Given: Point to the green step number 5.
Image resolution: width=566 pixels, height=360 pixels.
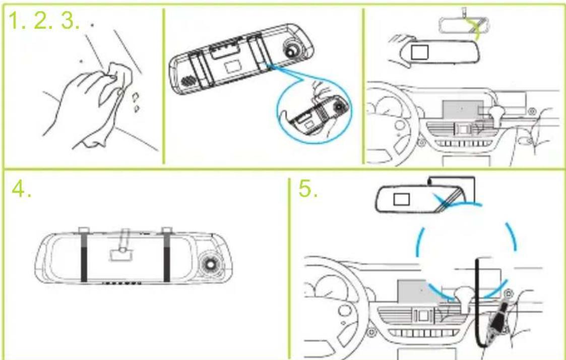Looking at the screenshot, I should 307,189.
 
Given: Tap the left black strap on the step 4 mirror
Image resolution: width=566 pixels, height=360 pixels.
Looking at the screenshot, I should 84,256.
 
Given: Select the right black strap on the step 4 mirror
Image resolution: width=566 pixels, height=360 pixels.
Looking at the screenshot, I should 166,256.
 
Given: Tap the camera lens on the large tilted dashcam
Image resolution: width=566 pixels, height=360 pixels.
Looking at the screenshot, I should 291,49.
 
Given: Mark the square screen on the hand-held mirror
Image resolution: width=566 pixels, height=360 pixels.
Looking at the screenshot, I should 420,52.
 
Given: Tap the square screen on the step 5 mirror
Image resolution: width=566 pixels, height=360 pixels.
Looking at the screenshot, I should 401,199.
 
